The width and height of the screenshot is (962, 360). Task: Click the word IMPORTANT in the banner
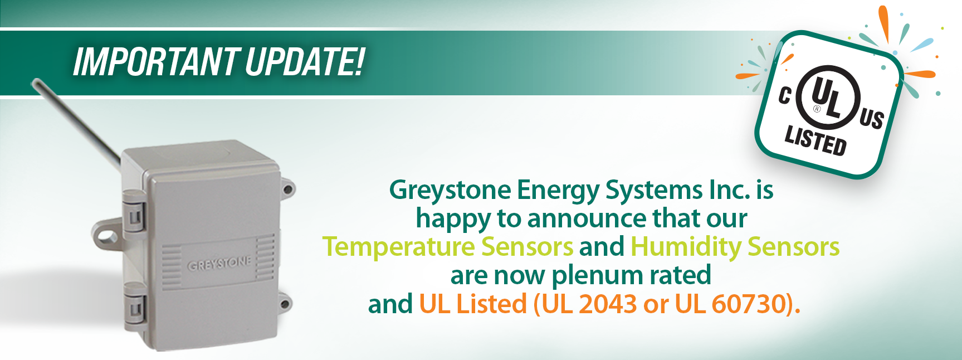click(155, 61)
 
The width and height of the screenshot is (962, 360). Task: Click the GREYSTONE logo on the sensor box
click(219, 264)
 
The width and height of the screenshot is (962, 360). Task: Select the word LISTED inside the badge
click(815, 140)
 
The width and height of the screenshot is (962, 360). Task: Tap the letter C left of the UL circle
click(785, 95)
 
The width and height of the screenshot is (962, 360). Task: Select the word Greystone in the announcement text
click(450, 191)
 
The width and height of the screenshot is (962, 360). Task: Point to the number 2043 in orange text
click(608, 304)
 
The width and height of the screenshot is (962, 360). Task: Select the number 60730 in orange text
click(748, 304)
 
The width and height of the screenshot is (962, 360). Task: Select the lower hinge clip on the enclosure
click(134, 305)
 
